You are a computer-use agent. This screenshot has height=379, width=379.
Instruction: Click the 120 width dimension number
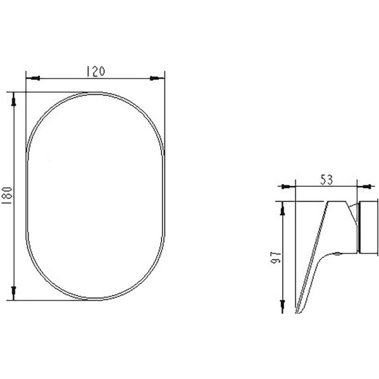(x=95, y=71)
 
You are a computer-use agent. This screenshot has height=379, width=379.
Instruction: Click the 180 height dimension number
(x=7, y=195)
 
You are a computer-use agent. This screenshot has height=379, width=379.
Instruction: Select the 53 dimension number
(x=327, y=180)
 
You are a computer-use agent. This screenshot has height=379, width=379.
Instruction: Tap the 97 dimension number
(x=276, y=257)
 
